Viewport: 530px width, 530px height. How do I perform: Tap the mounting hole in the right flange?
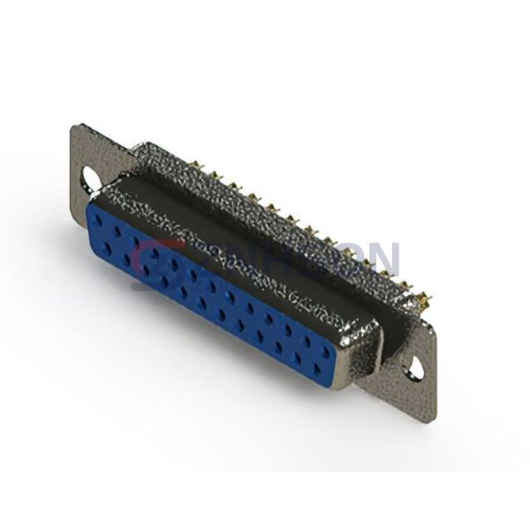pyautogui.click(x=414, y=366)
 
